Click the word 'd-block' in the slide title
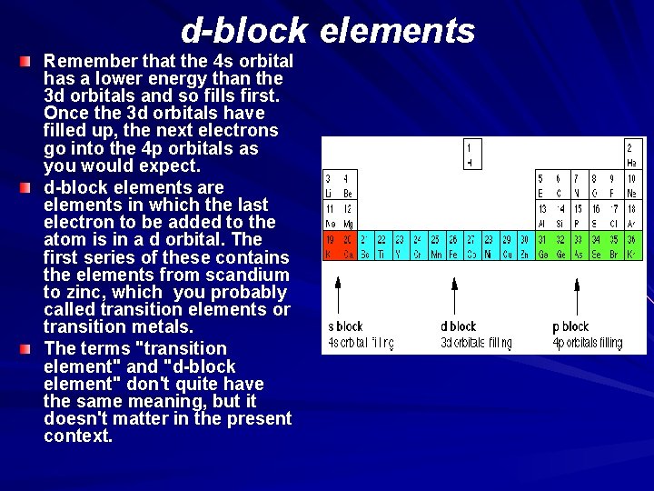click(243, 31)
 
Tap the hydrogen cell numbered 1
click(470, 155)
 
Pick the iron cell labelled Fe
click(452, 246)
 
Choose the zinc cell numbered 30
click(524, 246)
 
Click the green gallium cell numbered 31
click(542, 246)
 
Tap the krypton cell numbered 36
click(631, 246)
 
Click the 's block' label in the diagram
click(345, 326)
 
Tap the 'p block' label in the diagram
click(570, 326)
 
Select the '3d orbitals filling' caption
click(476, 344)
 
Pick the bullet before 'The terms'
click(27, 349)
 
